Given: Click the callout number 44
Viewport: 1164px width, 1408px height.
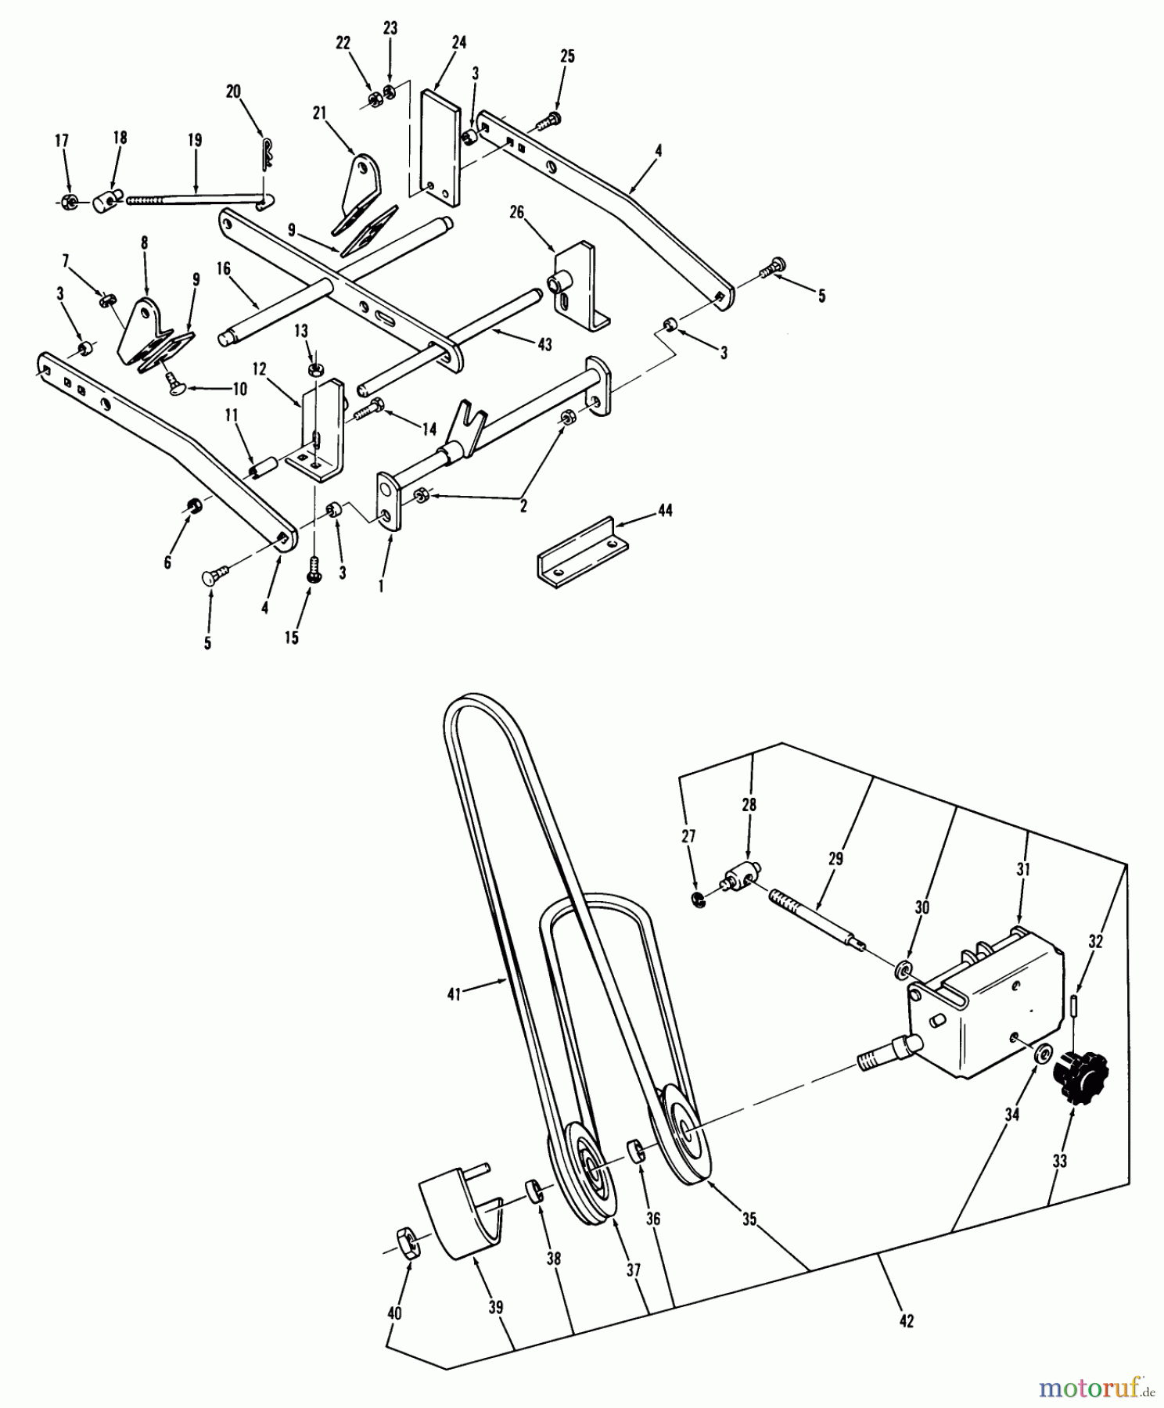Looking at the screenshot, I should pos(665,510).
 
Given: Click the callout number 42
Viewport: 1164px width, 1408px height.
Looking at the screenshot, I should pos(906,1320).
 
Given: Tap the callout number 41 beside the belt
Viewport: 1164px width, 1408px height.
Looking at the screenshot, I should pos(454,993).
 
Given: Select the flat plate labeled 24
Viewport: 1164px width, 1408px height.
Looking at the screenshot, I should pos(440,146).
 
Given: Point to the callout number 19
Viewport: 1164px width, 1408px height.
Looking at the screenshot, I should pos(195,140).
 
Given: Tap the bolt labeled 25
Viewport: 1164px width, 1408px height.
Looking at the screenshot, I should pos(550,120).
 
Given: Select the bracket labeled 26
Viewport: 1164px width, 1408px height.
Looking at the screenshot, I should pos(579,282).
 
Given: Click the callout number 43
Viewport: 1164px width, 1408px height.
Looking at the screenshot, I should pos(544,344).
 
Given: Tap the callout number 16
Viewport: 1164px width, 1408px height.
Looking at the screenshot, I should pos(224,269).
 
